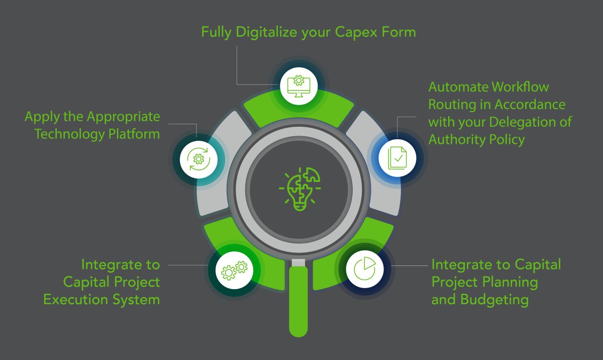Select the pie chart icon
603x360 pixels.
coord(365,269)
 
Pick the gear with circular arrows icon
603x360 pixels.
coord(198,159)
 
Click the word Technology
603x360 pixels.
coord(67,134)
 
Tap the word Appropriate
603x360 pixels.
coord(124,117)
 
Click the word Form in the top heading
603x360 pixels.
coord(397,33)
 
